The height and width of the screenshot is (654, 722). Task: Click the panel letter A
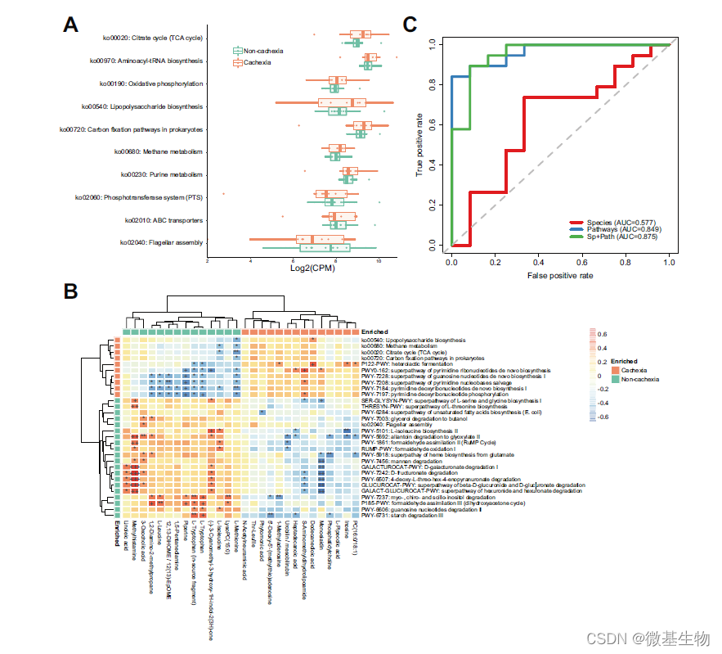coord(71,25)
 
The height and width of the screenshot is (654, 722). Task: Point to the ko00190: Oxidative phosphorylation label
coord(151,83)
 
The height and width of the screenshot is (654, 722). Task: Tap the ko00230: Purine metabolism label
coord(162,174)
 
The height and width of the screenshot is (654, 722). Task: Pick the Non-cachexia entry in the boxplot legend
coord(263,51)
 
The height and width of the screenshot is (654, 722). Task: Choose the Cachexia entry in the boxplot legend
coord(258,62)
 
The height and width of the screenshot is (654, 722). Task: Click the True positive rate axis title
coord(419,145)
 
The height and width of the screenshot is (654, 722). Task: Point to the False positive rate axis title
coord(560,276)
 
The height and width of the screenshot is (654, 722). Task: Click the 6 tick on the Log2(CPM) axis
coord(250,259)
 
